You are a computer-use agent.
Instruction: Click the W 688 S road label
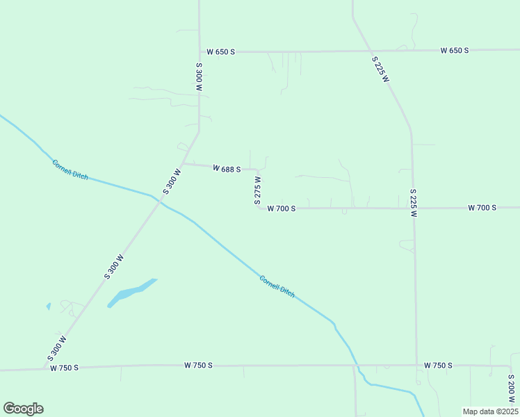pyautogui.click(x=227, y=169)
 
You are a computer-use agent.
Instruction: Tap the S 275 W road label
pyautogui.click(x=257, y=190)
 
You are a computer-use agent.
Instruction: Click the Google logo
pyautogui.click(x=23, y=409)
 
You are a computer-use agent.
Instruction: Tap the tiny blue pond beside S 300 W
pyautogui.click(x=48, y=306)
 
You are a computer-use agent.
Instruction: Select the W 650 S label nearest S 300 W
pyautogui.click(x=221, y=52)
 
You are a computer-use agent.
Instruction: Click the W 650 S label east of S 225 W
pyautogui.click(x=454, y=51)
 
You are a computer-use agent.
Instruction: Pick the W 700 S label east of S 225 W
pyautogui.click(x=482, y=208)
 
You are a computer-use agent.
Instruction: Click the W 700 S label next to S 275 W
pyautogui.click(x=282, y=208)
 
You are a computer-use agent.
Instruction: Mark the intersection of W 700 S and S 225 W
pyautogui.click(x=413, y=208)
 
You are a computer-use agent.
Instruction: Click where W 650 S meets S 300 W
pyautogui.click(x=200, y=52)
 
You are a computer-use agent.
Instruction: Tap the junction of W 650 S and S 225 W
pyautogui.click(x=369, y=51)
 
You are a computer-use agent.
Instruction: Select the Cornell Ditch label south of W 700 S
pyautogui.click(x=277, y=286)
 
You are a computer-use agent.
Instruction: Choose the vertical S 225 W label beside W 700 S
pyautogui.click(x=413, y=203)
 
